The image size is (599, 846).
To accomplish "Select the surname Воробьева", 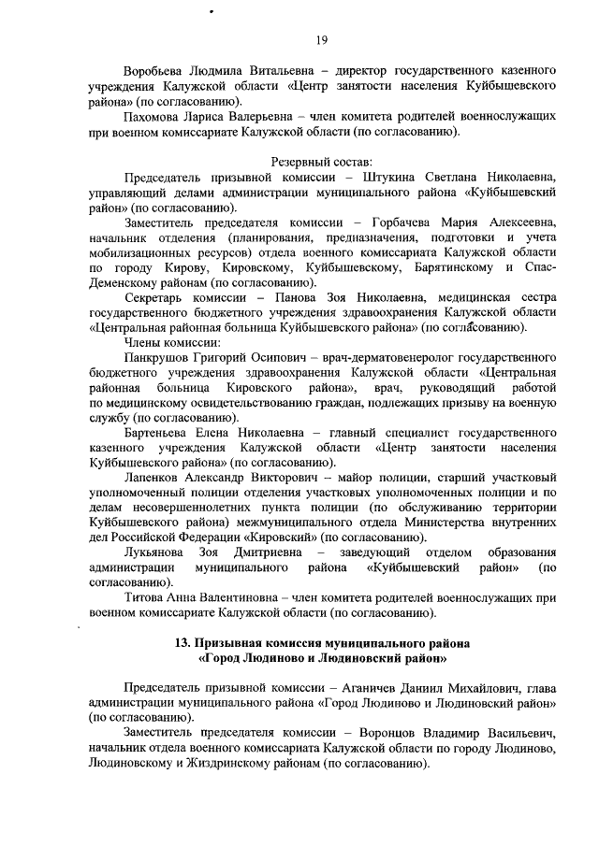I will tap(156, 70).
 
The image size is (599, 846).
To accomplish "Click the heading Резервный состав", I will tap(323, 162).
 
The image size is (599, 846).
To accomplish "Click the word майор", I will tap(360, 478).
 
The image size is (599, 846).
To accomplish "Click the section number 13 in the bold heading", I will tap(183, 644).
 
